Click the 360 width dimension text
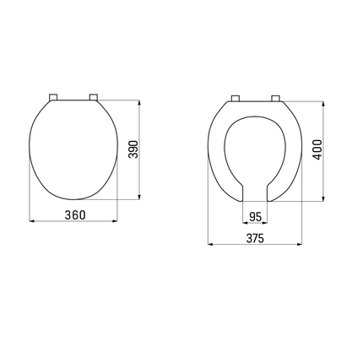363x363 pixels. point(74,214)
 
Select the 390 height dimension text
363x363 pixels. point(133,149)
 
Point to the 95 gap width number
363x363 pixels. point(256,215)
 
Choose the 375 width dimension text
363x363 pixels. point(256,238)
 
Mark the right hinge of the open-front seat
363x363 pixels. point(274,98)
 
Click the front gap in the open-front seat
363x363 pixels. point(256,190)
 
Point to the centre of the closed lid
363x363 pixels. point(74,148)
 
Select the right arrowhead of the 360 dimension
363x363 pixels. point(116,224)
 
